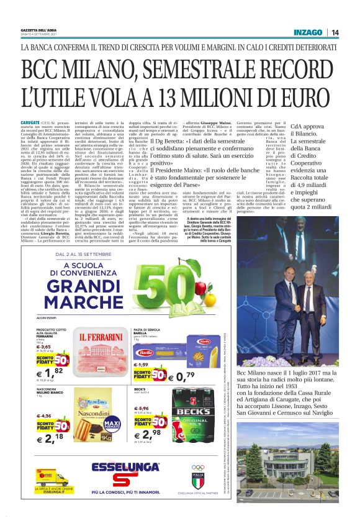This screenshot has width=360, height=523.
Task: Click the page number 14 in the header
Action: point(335,32)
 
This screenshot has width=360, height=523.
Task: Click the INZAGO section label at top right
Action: point(310,32)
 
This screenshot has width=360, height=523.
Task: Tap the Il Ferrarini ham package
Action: point(100,352)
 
